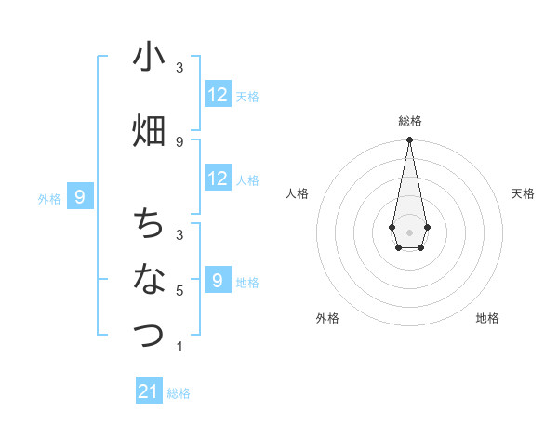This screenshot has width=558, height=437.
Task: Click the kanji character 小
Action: click(149, 58)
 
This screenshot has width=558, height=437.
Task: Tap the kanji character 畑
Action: click(149, 130)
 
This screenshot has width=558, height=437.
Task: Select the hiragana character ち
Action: click(149, 224)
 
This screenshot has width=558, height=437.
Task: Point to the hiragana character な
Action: click(149, 278)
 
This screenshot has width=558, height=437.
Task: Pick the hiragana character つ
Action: click(149, 333)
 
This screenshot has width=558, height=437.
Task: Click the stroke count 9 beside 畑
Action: click(179, 141)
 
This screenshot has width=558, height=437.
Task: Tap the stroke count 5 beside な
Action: click(179, 291)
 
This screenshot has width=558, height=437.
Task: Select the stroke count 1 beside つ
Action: click(179, 347)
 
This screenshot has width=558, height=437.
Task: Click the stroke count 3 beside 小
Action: click(179, 68)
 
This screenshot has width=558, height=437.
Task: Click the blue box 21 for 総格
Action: click(149, 391)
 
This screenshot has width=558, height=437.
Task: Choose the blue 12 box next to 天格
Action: click(218, 94)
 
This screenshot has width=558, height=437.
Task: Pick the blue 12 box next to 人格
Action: click(218, 179)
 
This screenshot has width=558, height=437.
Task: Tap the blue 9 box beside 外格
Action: click(81, 196)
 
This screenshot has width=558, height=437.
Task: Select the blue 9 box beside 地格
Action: click(218, 280)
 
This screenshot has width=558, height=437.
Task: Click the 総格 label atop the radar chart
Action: click(409, 121)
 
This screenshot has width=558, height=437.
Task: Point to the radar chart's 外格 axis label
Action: click(327, 318)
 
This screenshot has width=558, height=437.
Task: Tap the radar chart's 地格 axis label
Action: click(487, 318)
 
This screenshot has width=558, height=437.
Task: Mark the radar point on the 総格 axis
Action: click(409, 140)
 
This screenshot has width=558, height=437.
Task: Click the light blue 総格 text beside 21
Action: click(179, 393)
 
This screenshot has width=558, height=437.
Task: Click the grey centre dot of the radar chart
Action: click(409, 231)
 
